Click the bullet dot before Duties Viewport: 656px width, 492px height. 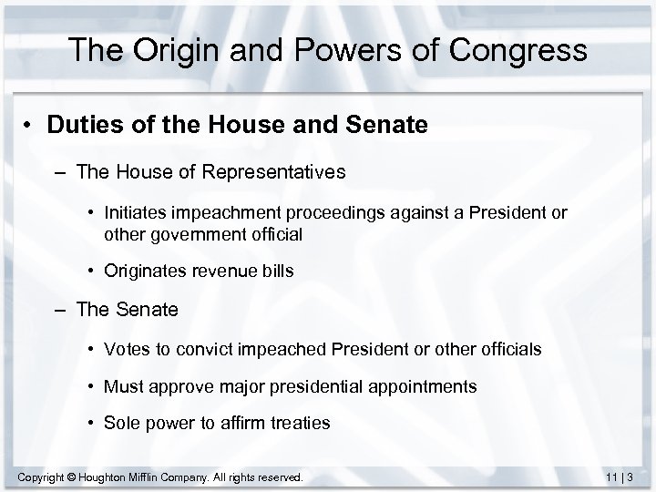[x=32, y=126]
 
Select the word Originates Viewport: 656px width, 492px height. [x=143, y=270]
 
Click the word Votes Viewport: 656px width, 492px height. [x=126, y=349]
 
